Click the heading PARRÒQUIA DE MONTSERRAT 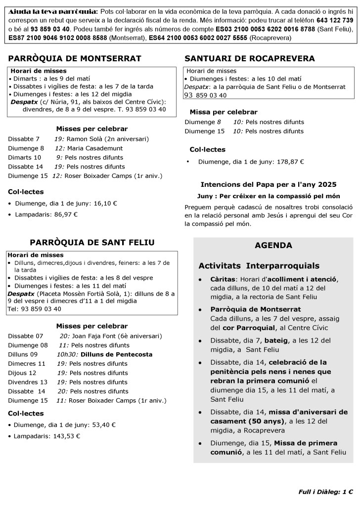(75, 58)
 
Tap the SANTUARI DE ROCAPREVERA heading (249, 58)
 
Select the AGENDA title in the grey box (273, 246)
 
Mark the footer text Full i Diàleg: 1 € (325, 492)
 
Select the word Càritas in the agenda (223, 279)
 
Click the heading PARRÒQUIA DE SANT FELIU (92, 242)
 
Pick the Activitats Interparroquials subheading (259, 266)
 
